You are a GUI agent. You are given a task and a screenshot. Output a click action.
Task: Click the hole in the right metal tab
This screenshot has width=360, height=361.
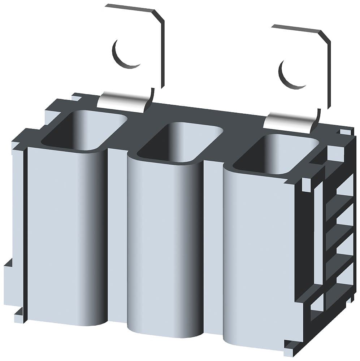point(292,74)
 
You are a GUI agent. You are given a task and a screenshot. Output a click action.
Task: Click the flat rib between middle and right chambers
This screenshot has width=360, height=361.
point(213,245)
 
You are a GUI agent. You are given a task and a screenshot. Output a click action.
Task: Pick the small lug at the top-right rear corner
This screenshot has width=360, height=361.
point(346,132)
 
